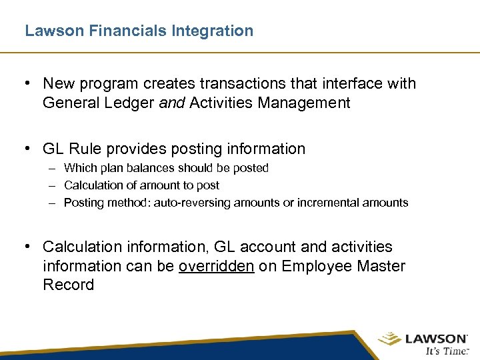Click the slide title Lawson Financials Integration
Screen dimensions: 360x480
click(x=139, y=31)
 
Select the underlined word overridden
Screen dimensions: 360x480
click(x=217, y=266)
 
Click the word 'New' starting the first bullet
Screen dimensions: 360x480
click(x=58, y=84)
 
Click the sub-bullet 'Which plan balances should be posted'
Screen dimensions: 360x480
click(x=166, y=168)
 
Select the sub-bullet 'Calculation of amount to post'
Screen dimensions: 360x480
click(x=141, y=185)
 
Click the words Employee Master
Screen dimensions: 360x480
click(x=343, y=266)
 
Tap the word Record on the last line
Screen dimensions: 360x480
click(x=68, y=285)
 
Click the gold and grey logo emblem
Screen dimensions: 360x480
click(x=390, y=340)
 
